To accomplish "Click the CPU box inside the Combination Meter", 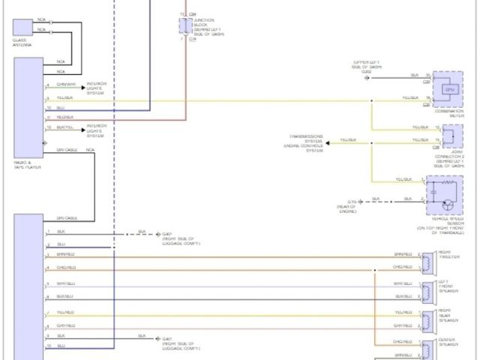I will point(450,89).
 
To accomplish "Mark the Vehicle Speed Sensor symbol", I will point(442,196).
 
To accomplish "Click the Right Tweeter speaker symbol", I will point(427,260).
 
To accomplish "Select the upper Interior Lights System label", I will point(96,87).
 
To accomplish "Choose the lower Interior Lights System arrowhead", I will point(83,128).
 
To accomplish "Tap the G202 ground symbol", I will point(370,76).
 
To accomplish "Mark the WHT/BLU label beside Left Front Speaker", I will point(403,283).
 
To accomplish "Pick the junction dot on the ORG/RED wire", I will point(373,270).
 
